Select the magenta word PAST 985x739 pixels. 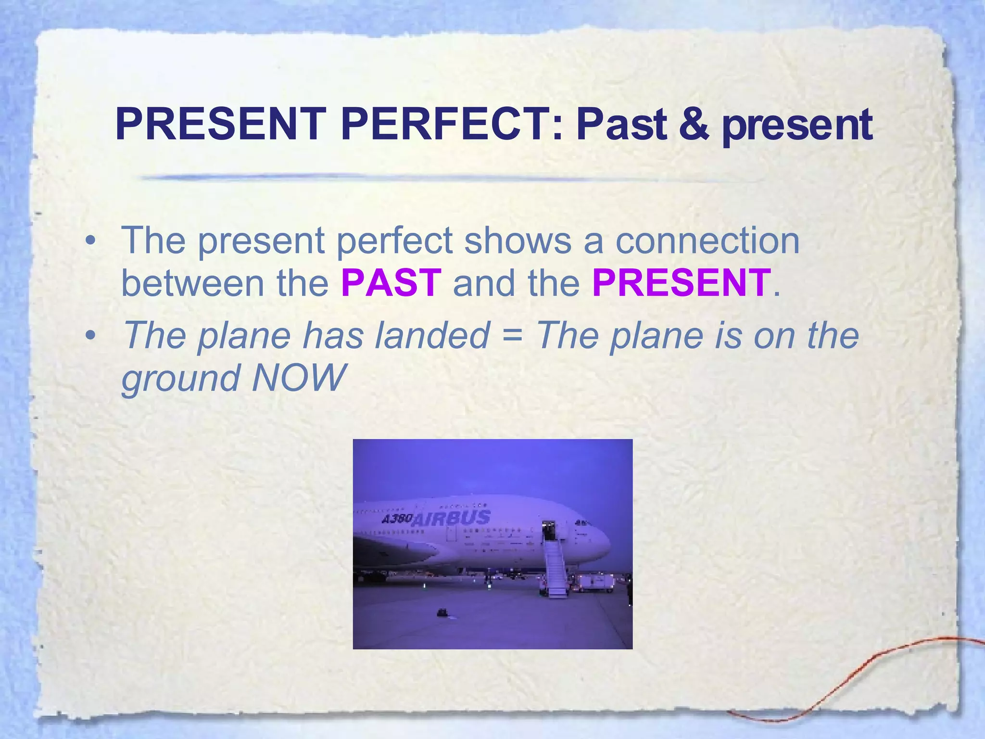391,283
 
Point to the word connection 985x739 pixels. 707,241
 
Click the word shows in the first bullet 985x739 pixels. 518,241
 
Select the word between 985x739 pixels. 193,283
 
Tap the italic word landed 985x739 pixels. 432,335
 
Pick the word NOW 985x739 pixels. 298,378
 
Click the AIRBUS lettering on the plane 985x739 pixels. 451,519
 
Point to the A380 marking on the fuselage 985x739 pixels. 397,519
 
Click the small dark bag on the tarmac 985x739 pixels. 442,612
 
